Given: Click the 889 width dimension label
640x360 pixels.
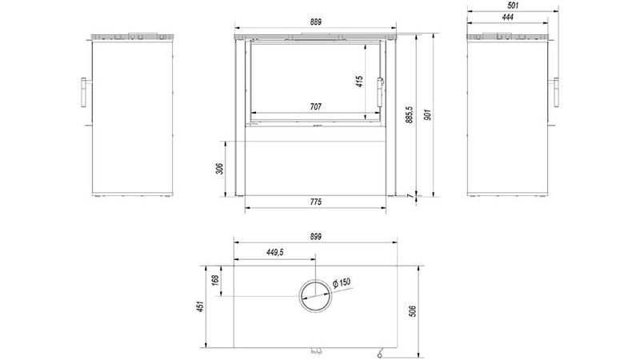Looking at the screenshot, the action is [315, 22].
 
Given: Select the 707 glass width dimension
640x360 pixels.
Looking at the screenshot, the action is [315, 106].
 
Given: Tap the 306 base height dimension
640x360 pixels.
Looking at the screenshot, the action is [219, 168].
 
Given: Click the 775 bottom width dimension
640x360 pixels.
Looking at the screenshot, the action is [315, 202].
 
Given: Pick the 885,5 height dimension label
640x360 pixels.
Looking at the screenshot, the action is [410, 114].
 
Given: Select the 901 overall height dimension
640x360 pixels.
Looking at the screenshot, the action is [427, 115].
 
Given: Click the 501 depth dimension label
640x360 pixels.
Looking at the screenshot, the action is [513, 6].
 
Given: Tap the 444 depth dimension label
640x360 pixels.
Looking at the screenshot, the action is [508, 17].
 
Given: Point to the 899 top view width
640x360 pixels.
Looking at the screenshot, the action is [315, 236].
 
